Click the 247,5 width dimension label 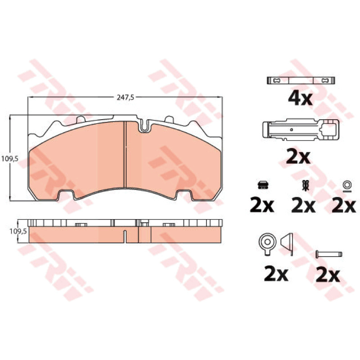coord(125,97)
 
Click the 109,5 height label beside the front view coord(9,159)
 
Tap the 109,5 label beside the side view coord(18,231)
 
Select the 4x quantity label coord(300,99)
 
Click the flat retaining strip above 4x coord(301,81)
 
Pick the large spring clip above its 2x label coord(301,130)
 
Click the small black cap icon coord(263,184)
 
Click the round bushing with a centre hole coord(267,243)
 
